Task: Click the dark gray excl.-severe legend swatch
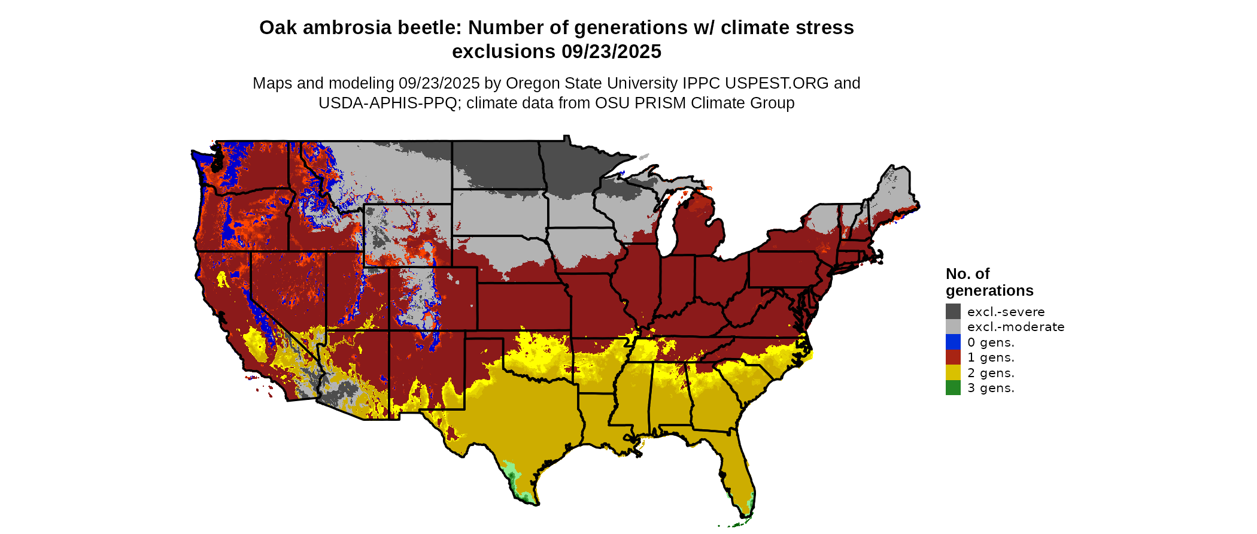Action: [953, 311]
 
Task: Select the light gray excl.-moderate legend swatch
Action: [953, 327]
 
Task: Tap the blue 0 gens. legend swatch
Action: [953, 342]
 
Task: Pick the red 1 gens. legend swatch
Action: [953, 357]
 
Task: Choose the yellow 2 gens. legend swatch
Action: [953, 373]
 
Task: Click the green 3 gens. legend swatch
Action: [953, 388]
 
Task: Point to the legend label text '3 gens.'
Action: [991, 388]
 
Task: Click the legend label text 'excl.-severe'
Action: [1006, 312]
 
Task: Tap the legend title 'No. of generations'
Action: [989, 282]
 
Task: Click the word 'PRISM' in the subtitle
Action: [660, 103]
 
